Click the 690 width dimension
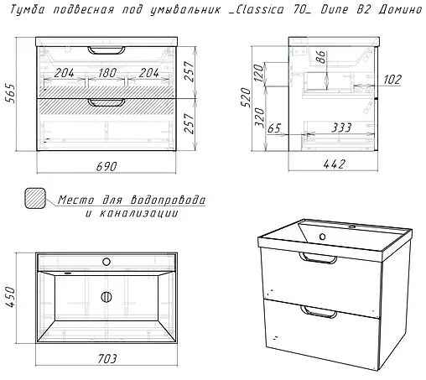tap(106, 167)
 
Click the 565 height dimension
tap(11, 93)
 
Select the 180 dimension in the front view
tap(107, 73)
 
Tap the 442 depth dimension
tap(335, 164)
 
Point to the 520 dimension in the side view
tap(246, 97)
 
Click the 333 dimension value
tap(341, 128)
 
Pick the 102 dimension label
tap(392, 80)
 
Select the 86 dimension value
tap(321, 57)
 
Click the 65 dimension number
tap(274, 128)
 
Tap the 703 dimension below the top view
tap(107, 359)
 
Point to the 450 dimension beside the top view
tap(11, 297)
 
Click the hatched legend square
tap(35, 198)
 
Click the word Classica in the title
tap(260, 9)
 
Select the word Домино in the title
tap(400, 9)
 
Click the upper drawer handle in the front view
tap(106, 50)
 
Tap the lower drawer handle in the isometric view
tap(319, 312)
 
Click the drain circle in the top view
tap(106, 297)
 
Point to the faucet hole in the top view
tap(106, 262)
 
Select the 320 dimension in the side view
tap(260, 117)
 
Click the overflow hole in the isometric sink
tap(322, 237)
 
